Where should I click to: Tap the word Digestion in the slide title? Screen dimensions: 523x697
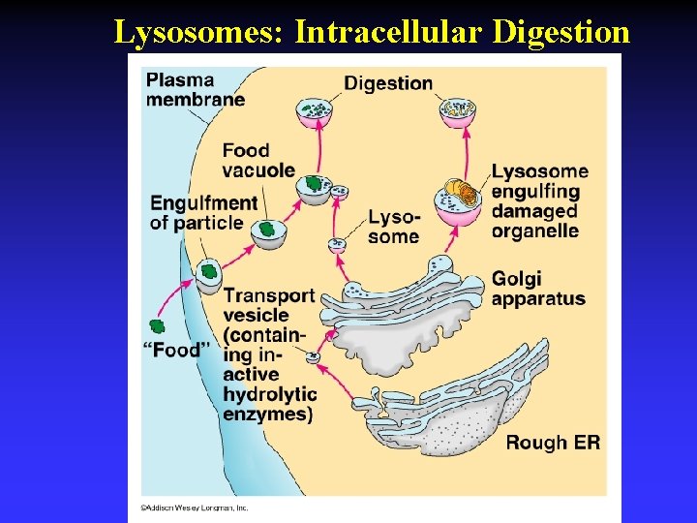(x=561, y=32)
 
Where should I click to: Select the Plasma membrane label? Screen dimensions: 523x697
(x=195, y=88)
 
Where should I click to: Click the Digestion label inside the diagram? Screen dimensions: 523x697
(x=388, y=83)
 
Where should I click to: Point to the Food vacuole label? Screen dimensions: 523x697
(x=258, y=160)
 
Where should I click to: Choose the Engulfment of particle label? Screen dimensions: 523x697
(x=203, y=213)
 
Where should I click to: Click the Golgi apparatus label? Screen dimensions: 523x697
(x=538, y=288)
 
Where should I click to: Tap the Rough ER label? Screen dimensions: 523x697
(x=553, y=443)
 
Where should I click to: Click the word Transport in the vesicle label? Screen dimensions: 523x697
(x=269, y=295)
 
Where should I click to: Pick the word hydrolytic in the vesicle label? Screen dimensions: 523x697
(x=270, y=394)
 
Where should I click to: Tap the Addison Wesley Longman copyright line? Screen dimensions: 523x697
(x=195, y=507)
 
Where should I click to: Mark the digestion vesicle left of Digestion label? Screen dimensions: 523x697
(x=315, y=111)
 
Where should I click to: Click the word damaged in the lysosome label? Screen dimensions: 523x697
(x=534, y=211)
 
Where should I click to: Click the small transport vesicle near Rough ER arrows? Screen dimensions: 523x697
(x=314, y=358)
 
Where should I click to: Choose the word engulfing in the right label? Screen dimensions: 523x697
(x=535, y=192)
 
